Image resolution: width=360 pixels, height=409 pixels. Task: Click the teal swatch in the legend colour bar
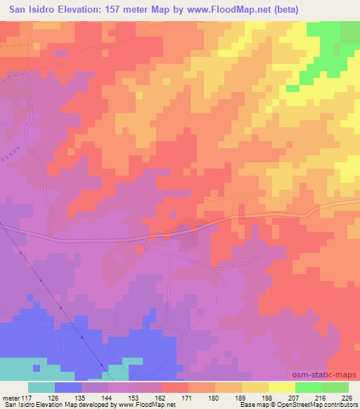41,387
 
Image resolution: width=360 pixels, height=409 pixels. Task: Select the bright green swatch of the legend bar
308,387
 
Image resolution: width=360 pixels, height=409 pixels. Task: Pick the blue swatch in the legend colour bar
68,387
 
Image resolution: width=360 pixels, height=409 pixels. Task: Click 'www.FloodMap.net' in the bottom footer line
146,405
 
